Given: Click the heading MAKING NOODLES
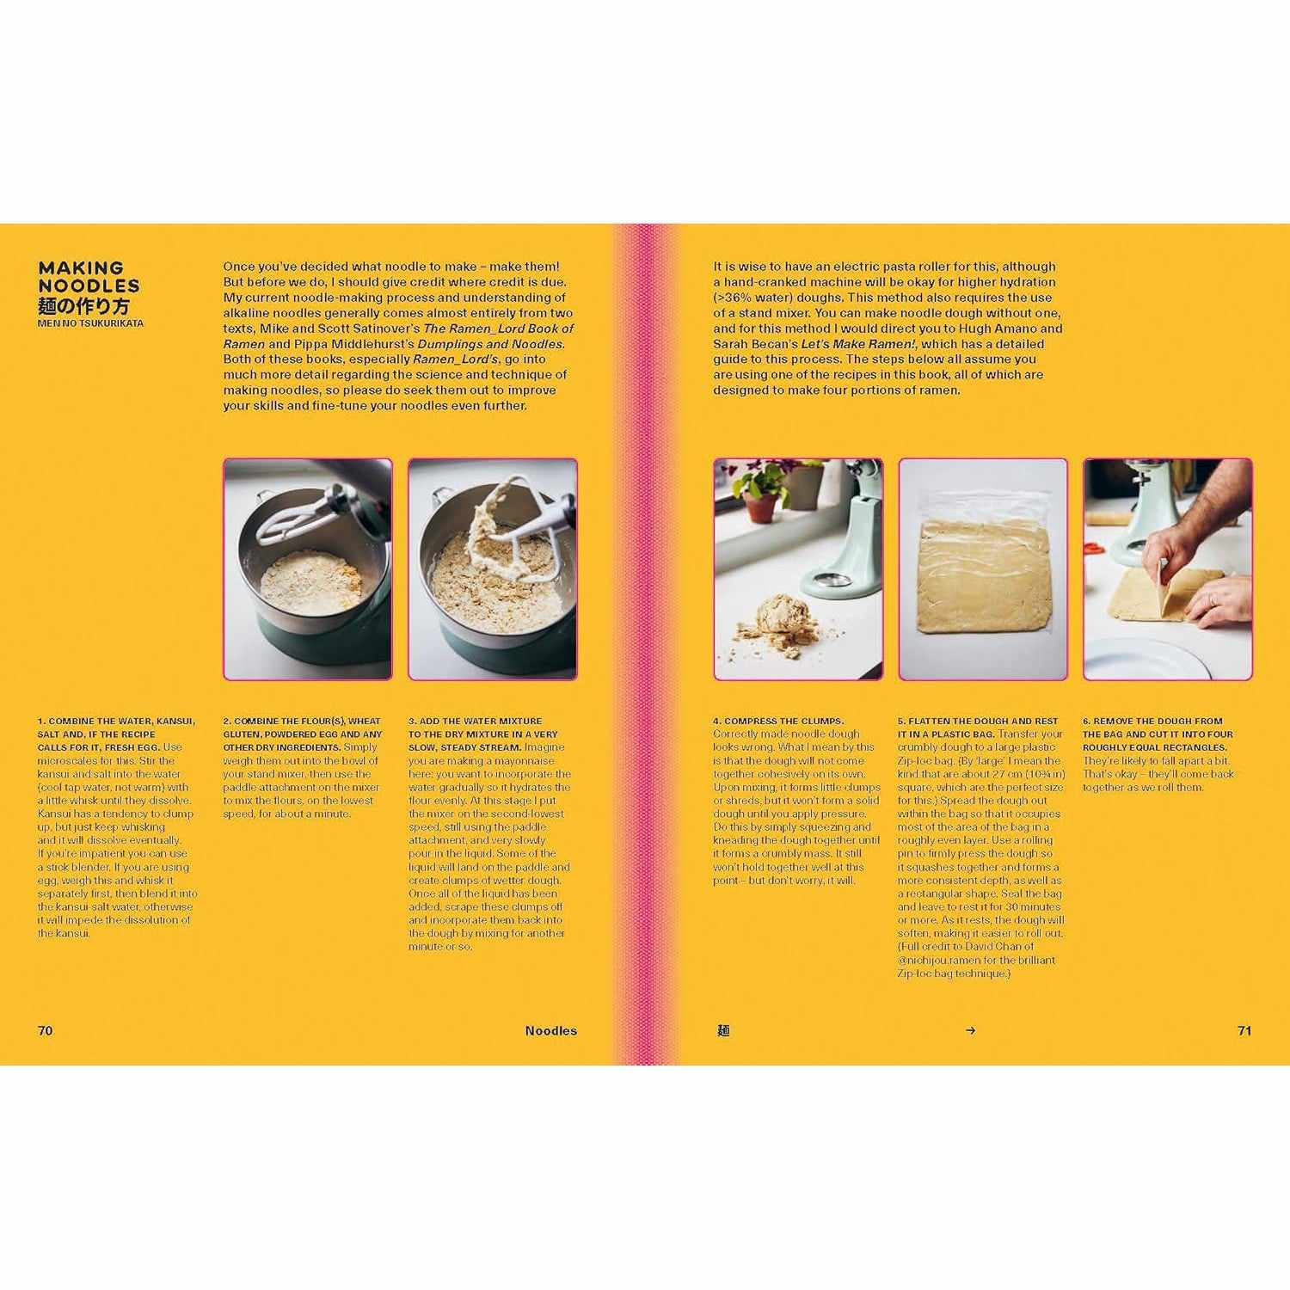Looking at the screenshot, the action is coord(89,277).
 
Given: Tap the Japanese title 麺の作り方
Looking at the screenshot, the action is coord(83,306).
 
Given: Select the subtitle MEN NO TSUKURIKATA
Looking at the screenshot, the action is coord(90,323).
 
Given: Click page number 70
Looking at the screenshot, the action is coord(46,1030).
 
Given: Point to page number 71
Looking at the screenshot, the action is coord(1244,1030).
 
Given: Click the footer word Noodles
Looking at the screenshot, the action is coord(551,1030).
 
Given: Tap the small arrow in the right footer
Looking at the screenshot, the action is coord(971,1030).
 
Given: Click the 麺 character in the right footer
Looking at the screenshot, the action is coord(723,1030).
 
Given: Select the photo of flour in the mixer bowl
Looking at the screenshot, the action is coord(308,569).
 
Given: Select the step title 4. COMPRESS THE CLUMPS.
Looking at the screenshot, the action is coord(778,721).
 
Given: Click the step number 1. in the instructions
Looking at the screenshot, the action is coord(41,721).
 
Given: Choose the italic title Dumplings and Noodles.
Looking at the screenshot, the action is coord(490,344).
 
